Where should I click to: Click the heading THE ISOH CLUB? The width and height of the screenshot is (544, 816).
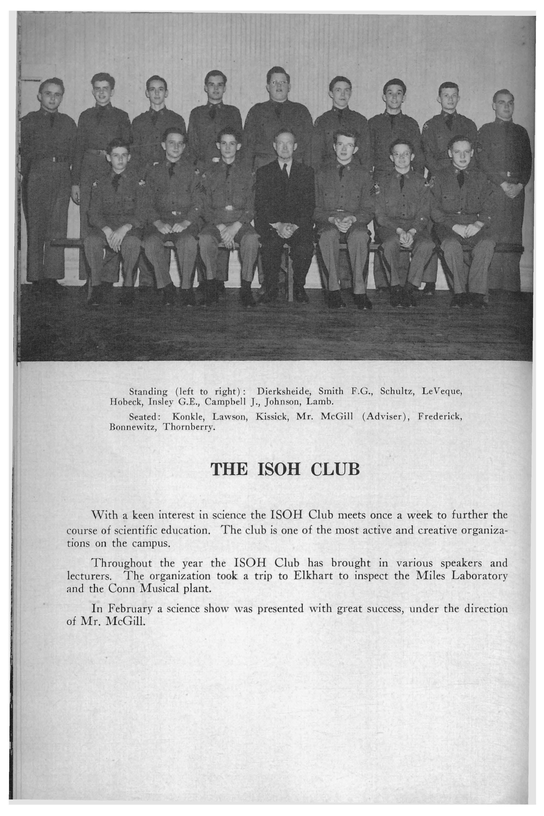tap(285, 470)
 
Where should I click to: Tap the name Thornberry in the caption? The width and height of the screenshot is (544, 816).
tap(189, 427)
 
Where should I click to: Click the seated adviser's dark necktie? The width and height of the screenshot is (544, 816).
tap(284, 170)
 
